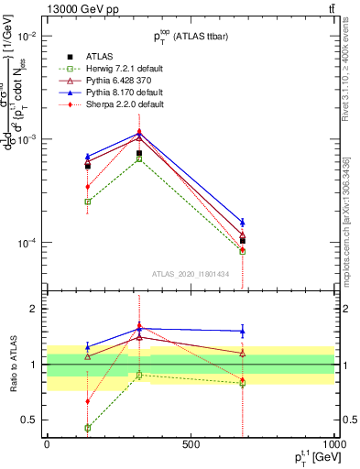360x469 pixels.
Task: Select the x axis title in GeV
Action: (x=311, y=458)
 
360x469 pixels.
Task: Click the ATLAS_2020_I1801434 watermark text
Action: (x=190, y=274)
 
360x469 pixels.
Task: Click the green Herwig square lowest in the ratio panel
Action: (x=88, y=428)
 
